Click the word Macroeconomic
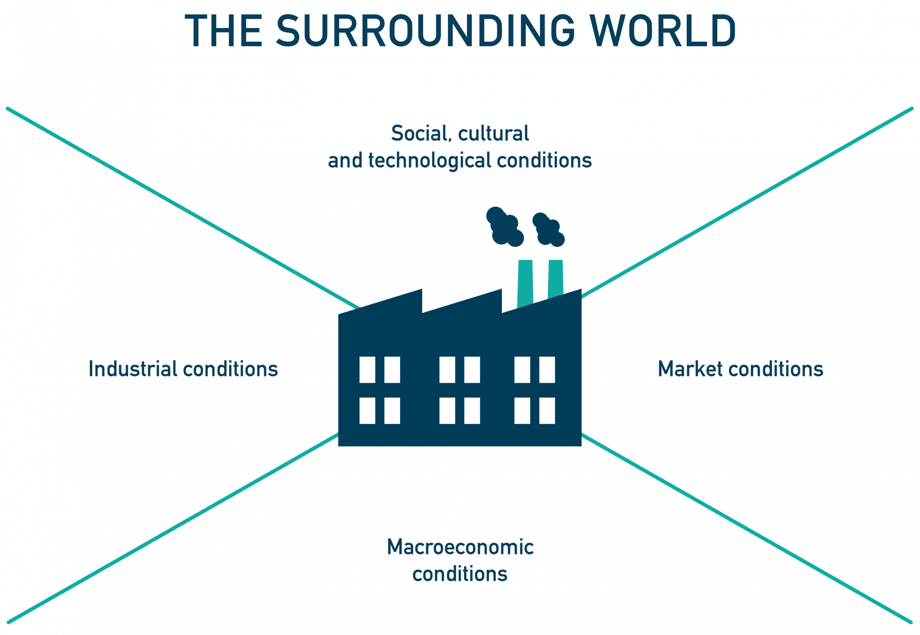(460, 547)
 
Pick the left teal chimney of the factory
(525, 283)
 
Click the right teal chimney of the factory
(556, 278)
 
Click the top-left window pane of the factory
(367, 369)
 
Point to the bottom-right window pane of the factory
(547, 410)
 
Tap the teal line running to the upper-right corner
(745, 204)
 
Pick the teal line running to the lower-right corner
(745, 527)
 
